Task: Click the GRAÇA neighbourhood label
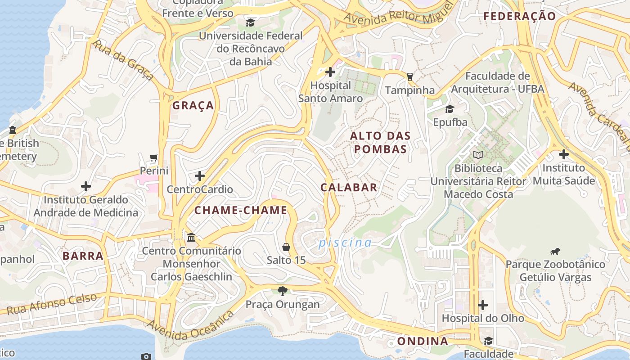[193, 106]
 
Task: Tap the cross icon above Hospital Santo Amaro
[330, 72]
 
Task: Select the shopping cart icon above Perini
[154, 157]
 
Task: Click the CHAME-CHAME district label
[241, 210]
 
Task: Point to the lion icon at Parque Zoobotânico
[555, 251]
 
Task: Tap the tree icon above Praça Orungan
[283, 291]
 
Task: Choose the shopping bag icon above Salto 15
[286, 247]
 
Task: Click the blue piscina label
[345, 243]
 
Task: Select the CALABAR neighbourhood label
[349, 188]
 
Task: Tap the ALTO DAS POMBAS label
[380, 142]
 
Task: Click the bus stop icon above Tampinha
[409, 76]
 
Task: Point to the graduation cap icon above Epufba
[450, 109]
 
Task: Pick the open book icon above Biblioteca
[478, 155]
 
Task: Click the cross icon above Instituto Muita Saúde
[563, 154]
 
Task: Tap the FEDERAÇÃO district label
[520, 16]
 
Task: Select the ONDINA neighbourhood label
[423, 341]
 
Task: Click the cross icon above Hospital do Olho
[483, 305]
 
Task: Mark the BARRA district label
[83, 256]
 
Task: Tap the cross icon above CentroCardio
[200, 175]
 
